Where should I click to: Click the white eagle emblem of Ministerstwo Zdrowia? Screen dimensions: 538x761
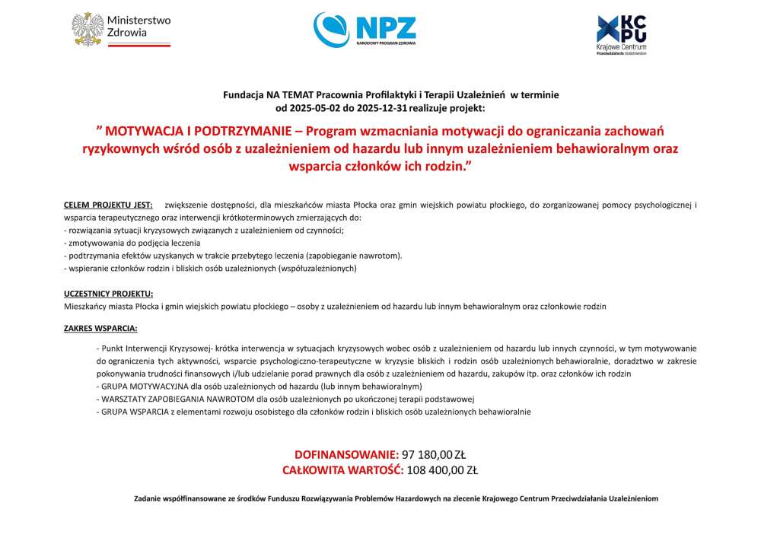click(88, 28)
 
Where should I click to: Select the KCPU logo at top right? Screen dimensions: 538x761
click(621, 34)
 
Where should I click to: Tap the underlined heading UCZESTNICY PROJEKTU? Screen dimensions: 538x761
click(108, 294)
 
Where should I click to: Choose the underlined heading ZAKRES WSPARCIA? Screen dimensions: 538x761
click(100, 329)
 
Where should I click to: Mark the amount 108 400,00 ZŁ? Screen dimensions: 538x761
click(442, 470)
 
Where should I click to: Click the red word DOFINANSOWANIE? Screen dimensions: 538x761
click(346, 454)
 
